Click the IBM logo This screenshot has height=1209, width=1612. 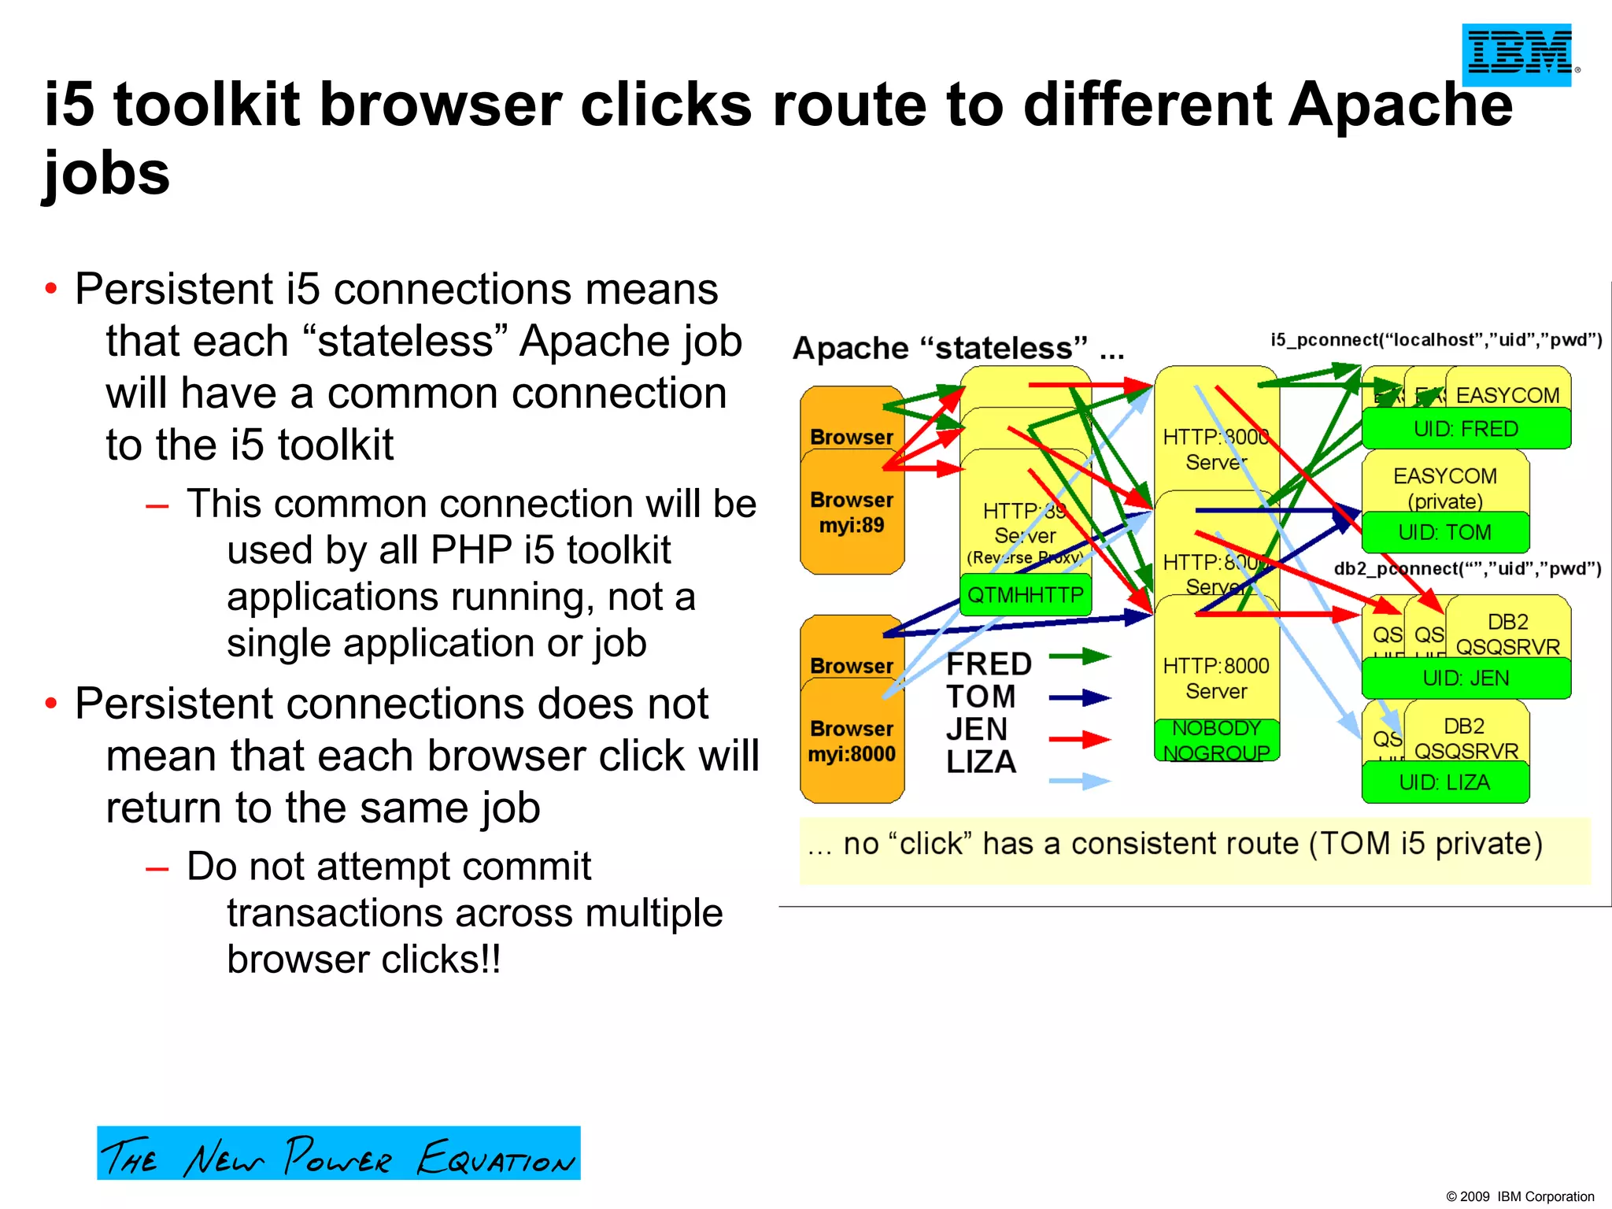pyautogui.click(x=1517, y=54)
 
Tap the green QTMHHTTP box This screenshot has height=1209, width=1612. pyautogui.click(x=1025, y=595)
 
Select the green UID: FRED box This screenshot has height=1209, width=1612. pyautogui.click(x=1466, y=429)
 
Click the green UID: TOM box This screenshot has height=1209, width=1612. pyautogui.click(x=1444, y=533)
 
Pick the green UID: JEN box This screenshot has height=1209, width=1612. pyautogui.click(x=1466, y=678)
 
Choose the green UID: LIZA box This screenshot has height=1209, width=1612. pyautogui.click(x=1444, y=782)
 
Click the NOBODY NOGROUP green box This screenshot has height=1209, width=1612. pyautogui.click(x=1216, y=741)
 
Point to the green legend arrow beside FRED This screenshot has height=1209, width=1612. pyautogui.click(x=1080, y=656)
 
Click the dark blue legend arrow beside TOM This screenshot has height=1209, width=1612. pyautogui.click(x=1080, y=697)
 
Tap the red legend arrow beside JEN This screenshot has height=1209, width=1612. pyautogui.click(x=1080, y=739)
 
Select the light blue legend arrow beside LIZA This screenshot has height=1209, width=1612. pyautogui.click(x=1080, y=781)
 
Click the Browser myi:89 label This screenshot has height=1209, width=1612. pyautogui.click(x=852, y=512)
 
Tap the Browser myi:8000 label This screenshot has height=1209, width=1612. pyautogui.click(x=852, y=741)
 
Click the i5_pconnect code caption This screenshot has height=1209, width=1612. pyautogui.click(x=1436, y=340)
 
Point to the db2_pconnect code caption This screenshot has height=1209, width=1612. pyautogui.click(x=1467, y=569)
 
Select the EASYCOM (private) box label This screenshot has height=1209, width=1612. pyautogui.click(x=1445, y=488)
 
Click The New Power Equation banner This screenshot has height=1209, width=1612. pyautogui.click(x=338, y=1153)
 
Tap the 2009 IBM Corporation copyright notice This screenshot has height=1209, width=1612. pyautogui.click(x=1520, y=1196)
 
